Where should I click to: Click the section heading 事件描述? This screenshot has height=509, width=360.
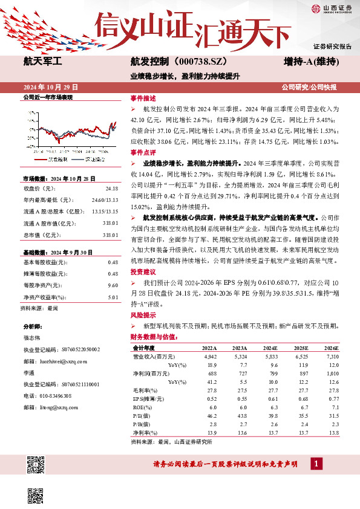(143, 98)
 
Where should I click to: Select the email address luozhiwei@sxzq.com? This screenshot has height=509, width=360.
(70, 360)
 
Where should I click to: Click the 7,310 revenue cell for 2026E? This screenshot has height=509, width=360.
(332, 357)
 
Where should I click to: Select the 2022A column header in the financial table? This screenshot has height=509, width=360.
(209, 349)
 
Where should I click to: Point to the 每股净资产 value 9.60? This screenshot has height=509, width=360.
(112, 285)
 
